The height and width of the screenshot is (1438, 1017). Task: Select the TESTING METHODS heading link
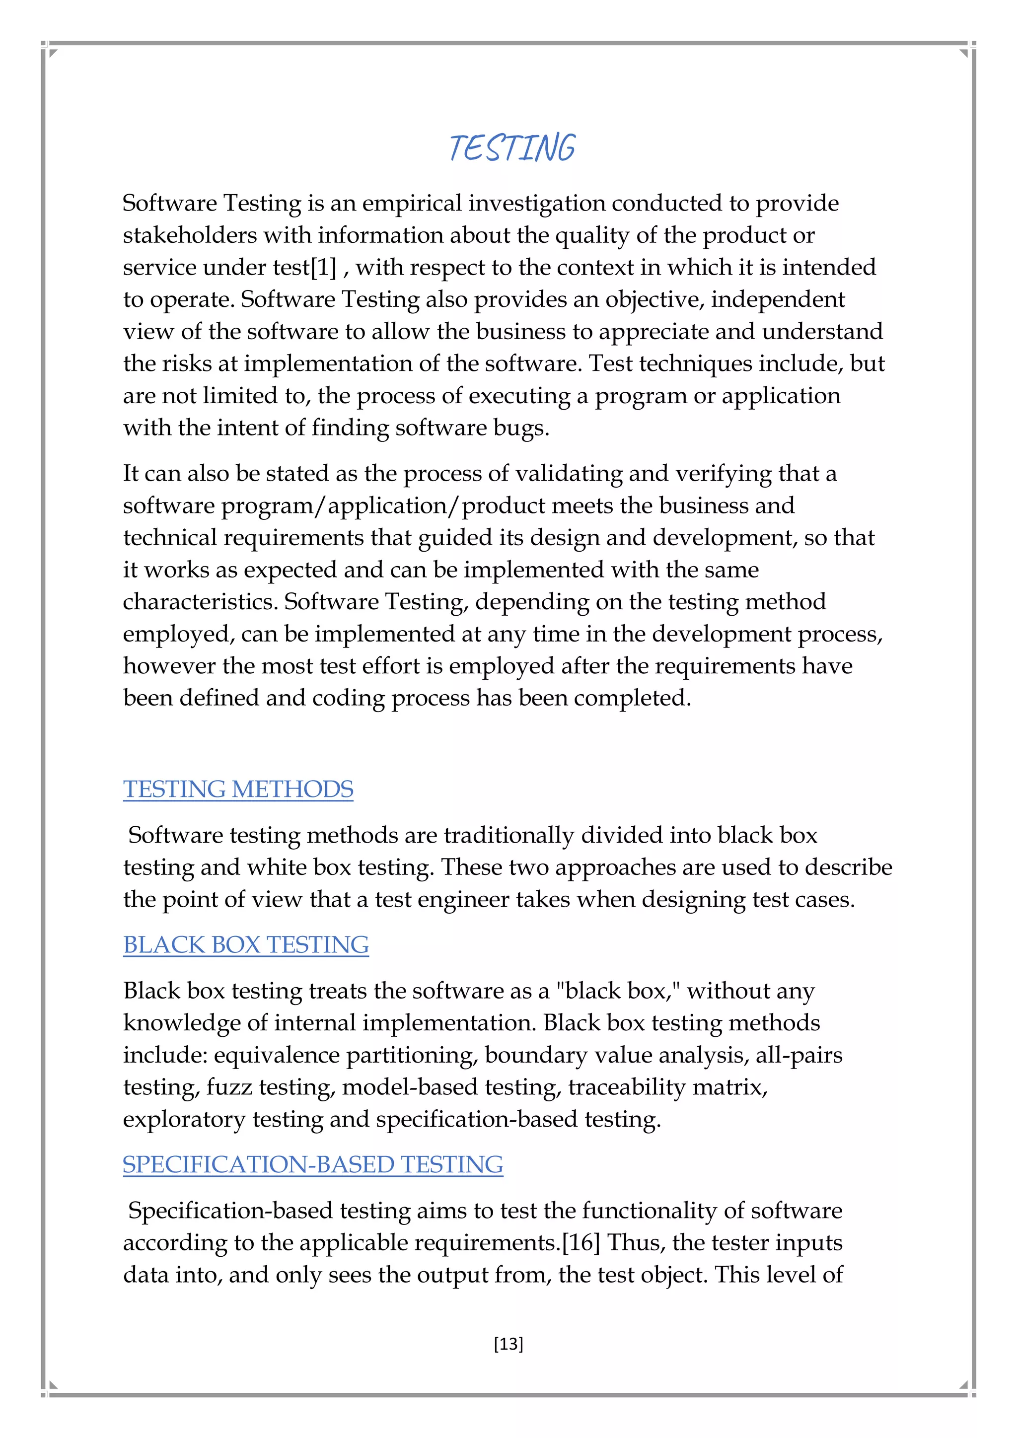pos(238,789)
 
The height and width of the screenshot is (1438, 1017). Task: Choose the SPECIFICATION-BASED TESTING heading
pos(312,1164)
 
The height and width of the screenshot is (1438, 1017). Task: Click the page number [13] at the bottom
pos(508,1344)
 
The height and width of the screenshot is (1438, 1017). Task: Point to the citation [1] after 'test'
pos(324,268)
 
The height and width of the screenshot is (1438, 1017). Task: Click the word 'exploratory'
pos(184,1119)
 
